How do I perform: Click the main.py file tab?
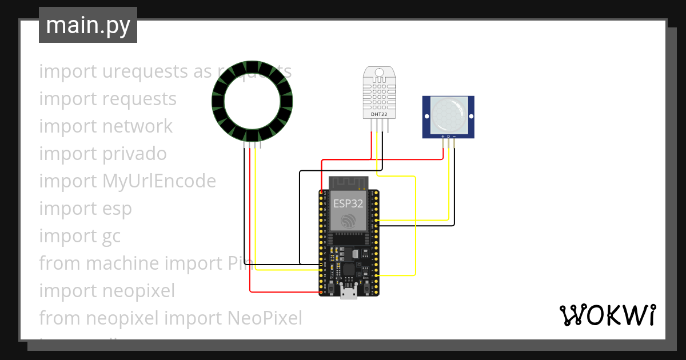(x=87, y=25)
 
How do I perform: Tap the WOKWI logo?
(x=607, y=315)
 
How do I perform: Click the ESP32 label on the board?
(x=348, y=202)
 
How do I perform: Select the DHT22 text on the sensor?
(x=379, y=114)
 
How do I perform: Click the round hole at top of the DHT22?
(x=379, y=73)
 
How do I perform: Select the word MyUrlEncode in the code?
(x=159, y=181)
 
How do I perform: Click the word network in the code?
(x=137, y=126)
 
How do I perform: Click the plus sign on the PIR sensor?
(x=442, y=136)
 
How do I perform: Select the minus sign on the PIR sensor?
(x=454, y=136)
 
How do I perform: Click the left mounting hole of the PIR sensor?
(x=426, y=116)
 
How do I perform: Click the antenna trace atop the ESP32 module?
(x=348, y=183)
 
